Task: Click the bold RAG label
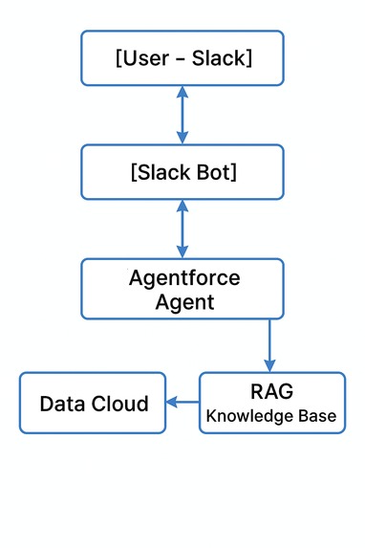(272, 392)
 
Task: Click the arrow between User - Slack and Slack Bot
(182, 115)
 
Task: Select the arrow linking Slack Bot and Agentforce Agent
(182, 229)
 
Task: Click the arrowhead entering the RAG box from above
(269, 364)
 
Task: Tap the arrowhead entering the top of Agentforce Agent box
(182, 252)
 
